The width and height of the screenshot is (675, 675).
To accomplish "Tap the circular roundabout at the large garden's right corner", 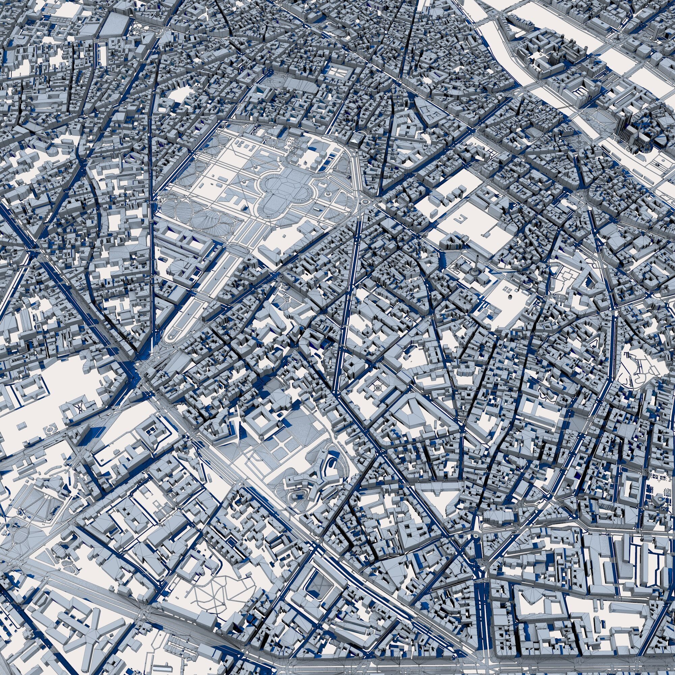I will point(366,201).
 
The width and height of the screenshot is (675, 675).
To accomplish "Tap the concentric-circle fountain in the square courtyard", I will point(378,387).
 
